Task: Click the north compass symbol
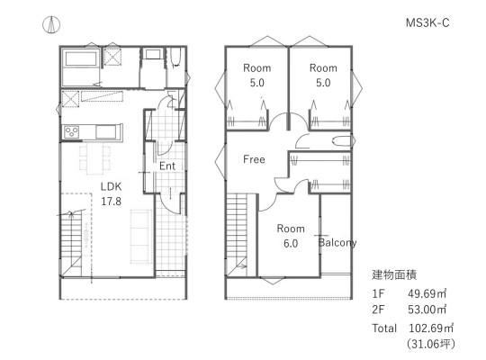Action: [51, 24]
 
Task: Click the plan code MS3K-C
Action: [427, 22]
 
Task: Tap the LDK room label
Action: [111, 186]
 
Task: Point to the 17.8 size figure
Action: [111, 202]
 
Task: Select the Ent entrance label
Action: [167, 166]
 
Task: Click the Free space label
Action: [254, 159]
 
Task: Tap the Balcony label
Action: [337, 242]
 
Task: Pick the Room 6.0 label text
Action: [291, 236]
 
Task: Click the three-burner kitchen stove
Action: [71, 132]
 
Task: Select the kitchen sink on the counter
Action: [106, 132]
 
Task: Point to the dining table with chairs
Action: [94, 158]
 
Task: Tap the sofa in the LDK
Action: [141, 237]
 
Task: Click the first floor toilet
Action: [175, 58]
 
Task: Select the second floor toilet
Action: [342, 141]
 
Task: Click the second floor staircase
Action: [237, 235]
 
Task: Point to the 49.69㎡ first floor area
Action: [427, 293]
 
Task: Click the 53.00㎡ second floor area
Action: [427, 310]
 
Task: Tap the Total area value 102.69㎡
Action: [431, 328]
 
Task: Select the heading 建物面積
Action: [394, 275]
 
